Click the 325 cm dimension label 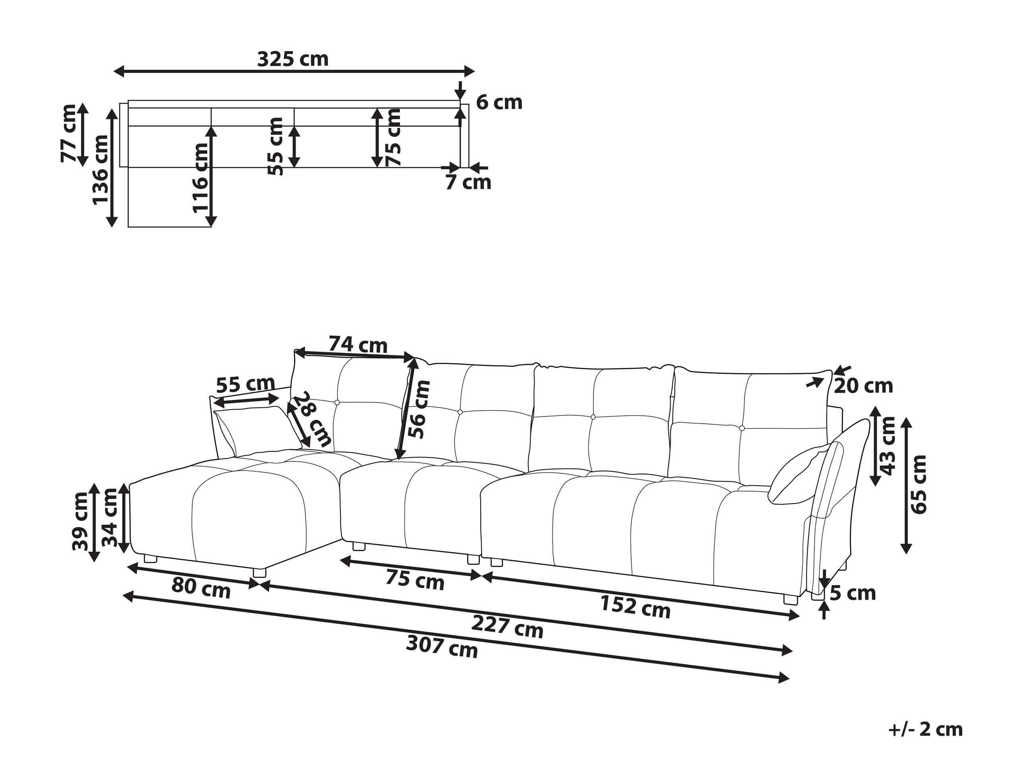[293, 59]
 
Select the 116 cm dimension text [201, 178]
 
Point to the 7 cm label [468, 182]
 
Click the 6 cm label [499, 103]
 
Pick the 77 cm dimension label [69, 134]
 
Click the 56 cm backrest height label [419, 409]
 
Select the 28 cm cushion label [313, 419]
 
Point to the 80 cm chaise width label [201, 588]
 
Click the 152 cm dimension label [635, 607]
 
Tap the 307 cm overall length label [442, 647]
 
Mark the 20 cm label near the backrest [863, 386]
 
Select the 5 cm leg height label [853, 594]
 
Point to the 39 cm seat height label [81, 521]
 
